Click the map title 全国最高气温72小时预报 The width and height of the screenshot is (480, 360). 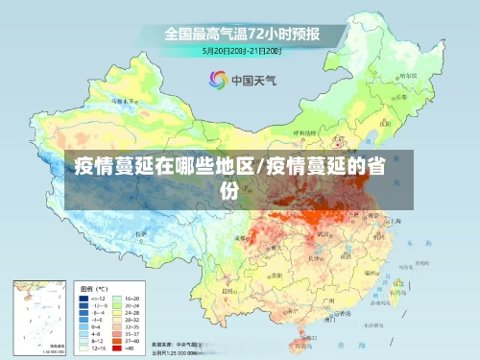tap(241, 33)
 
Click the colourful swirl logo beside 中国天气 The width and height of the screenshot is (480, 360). tap(217, 79)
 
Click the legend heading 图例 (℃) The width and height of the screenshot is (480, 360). tap(94, 288)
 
